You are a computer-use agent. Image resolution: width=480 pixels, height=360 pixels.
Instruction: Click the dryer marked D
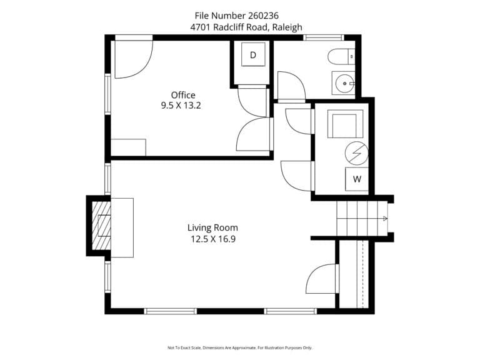click(253, 54)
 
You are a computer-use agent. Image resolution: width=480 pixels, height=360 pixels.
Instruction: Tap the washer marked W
click(357, 179)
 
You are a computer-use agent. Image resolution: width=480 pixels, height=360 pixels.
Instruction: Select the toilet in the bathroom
click(341, 57)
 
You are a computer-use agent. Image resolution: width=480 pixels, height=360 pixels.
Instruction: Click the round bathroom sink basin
click(345, 83)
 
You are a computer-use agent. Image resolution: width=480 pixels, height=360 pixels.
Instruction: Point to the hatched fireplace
click(102, 226)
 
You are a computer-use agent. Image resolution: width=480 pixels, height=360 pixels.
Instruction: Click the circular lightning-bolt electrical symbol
click(357, 154)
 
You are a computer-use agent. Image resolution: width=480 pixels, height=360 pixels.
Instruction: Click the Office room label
click(183, 95)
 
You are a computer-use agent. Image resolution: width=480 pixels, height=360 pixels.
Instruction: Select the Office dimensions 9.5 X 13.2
click(181, 106)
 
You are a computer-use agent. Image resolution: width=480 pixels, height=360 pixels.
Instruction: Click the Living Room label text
click(212, 227)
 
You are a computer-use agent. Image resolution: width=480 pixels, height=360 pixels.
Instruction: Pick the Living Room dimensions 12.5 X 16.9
click(213, 239)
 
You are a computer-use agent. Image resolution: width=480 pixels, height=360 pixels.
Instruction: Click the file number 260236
click(263, 15)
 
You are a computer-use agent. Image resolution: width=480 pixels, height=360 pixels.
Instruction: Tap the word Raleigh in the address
click(287, 27)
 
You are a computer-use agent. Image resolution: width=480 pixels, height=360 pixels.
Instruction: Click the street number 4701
click(201, 27)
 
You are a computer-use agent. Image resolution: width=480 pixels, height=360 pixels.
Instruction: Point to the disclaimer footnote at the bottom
click(240, 347)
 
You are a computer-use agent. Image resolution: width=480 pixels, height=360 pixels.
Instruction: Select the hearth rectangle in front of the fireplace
click(122, 227)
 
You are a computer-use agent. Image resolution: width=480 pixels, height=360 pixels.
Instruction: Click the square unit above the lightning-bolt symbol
click(345, 124)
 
